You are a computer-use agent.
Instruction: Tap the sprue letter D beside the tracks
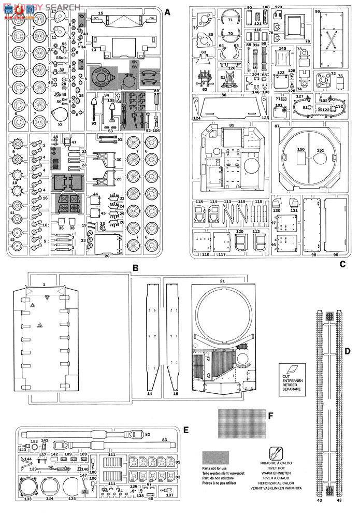pos(348,351)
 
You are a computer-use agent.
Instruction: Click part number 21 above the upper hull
pos(222,280)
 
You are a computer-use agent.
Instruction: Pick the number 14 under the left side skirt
pos(149,394)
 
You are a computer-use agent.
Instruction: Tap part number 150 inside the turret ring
pos(300,149)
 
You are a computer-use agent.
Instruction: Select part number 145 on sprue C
pos(282,49)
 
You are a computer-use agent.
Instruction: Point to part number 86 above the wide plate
pos(224,95)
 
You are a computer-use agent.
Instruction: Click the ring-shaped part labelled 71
pos(230,19)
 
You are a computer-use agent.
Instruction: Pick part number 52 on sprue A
pos(60,124)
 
